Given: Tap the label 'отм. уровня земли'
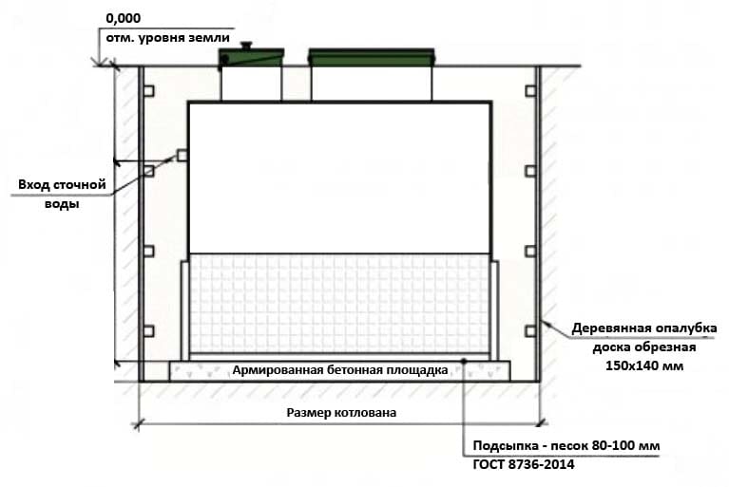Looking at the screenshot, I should [x=163, y=35].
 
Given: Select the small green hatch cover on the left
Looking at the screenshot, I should [x=251, y=60].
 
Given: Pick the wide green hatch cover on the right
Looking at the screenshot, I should [x=373, y=59].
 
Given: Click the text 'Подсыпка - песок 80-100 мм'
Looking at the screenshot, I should [x=566, y=446].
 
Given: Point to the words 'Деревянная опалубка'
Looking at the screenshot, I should [x=643, y=329].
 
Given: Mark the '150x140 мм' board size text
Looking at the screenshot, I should [x=643, y=365].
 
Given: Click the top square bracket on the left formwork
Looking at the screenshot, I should [x=148, y=90].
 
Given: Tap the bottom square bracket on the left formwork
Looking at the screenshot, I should [x=148, y=331].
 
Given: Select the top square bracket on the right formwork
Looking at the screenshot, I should [x=529, y=90].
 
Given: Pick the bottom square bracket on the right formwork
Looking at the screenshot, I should [x=529, y=331].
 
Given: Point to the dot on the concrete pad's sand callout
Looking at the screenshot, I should [x=463, y=361].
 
